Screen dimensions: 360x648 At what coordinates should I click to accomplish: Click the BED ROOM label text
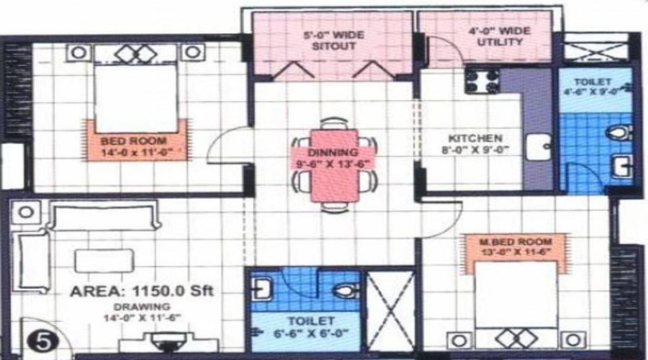[x=133, y=141]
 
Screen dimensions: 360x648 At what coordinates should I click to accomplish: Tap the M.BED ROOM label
[x=515, y=240]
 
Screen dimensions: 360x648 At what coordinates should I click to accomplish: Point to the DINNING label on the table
[x=332, y=153]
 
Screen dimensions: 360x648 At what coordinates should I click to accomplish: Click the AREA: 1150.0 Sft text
[x=143, y=292]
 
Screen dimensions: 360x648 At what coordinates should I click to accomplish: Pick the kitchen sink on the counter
[x=536, y=148]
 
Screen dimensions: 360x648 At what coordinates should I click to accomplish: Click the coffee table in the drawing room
[x=104, y=260]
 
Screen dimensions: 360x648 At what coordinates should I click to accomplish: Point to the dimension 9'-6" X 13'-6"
[x=333, y=163]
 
